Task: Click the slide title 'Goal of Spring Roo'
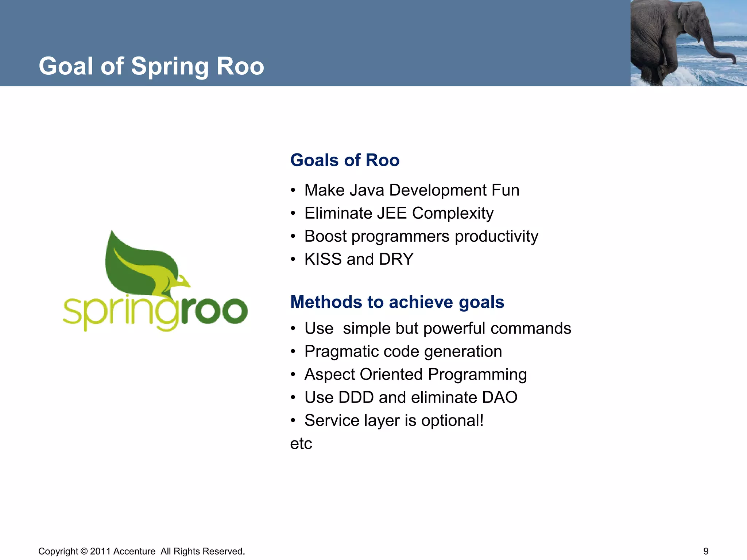coord(151,66)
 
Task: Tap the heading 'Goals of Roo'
coord(345,160)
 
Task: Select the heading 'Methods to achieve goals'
coord(397,302)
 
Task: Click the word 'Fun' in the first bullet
coord(505,190)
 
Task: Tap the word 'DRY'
coord(396,259)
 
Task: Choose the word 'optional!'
coord(452,421)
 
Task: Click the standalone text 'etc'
coord(301,444)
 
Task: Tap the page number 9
coord(706,551)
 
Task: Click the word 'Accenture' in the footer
coord(134,551)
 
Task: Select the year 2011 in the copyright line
coord(100,551)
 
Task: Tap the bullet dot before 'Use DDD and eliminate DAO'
coord(293,398)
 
